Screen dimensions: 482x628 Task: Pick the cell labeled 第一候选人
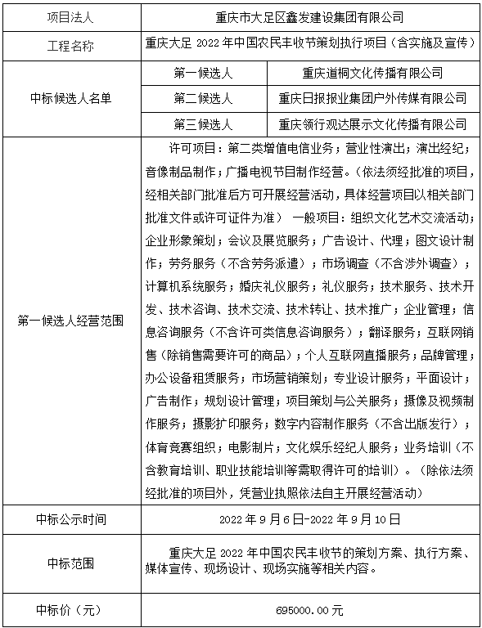tap(204, 73)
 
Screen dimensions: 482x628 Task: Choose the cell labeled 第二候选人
tap(204, 99)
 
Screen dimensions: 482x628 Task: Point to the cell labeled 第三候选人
tap(204, 124)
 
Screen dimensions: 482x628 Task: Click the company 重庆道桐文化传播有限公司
tap(372, 73)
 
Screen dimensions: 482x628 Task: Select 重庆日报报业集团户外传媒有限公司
tap(372, 99)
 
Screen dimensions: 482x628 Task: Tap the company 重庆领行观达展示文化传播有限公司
tap(372, 124)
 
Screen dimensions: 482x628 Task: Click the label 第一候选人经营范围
tap(71, 321)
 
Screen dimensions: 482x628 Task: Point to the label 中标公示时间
tap(71, 518)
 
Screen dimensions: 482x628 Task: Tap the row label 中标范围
tap(71, 563)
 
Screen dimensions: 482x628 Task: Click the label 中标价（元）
tap(71, 610)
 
